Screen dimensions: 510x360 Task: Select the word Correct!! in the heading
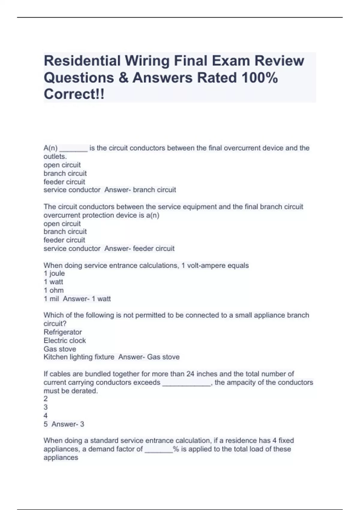point(74,94)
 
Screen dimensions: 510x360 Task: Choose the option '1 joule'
point(54,274)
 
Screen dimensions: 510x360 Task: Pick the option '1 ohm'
point(54,290)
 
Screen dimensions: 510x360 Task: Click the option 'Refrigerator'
point(63,332)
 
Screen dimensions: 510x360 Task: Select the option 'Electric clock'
point(65,340)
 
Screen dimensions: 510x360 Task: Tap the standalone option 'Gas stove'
point(60,349)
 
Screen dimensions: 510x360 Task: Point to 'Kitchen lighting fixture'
point(79,357)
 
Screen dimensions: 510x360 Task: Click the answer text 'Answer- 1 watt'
point(87,299)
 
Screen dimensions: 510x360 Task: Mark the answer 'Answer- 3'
point(68,424)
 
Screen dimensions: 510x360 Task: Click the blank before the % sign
point(159,449)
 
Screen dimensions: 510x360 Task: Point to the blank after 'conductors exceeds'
point(186,383)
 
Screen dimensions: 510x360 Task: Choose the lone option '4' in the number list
point(46,416)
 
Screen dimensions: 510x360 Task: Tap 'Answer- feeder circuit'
point(139,249)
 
